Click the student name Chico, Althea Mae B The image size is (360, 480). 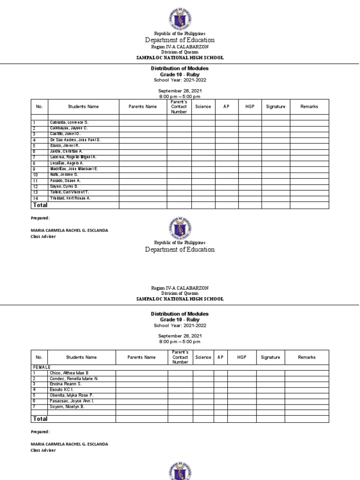coord(69,373)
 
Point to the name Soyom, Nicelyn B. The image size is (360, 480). coord(68,406)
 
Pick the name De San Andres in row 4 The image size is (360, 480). coord(75,140)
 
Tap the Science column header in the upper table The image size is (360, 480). coord(203,106)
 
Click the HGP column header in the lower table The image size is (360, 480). coord(241,357)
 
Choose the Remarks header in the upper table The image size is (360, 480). coord(309,106)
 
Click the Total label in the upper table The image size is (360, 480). coord(39,205)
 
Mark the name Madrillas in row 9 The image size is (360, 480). coord(74,169)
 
